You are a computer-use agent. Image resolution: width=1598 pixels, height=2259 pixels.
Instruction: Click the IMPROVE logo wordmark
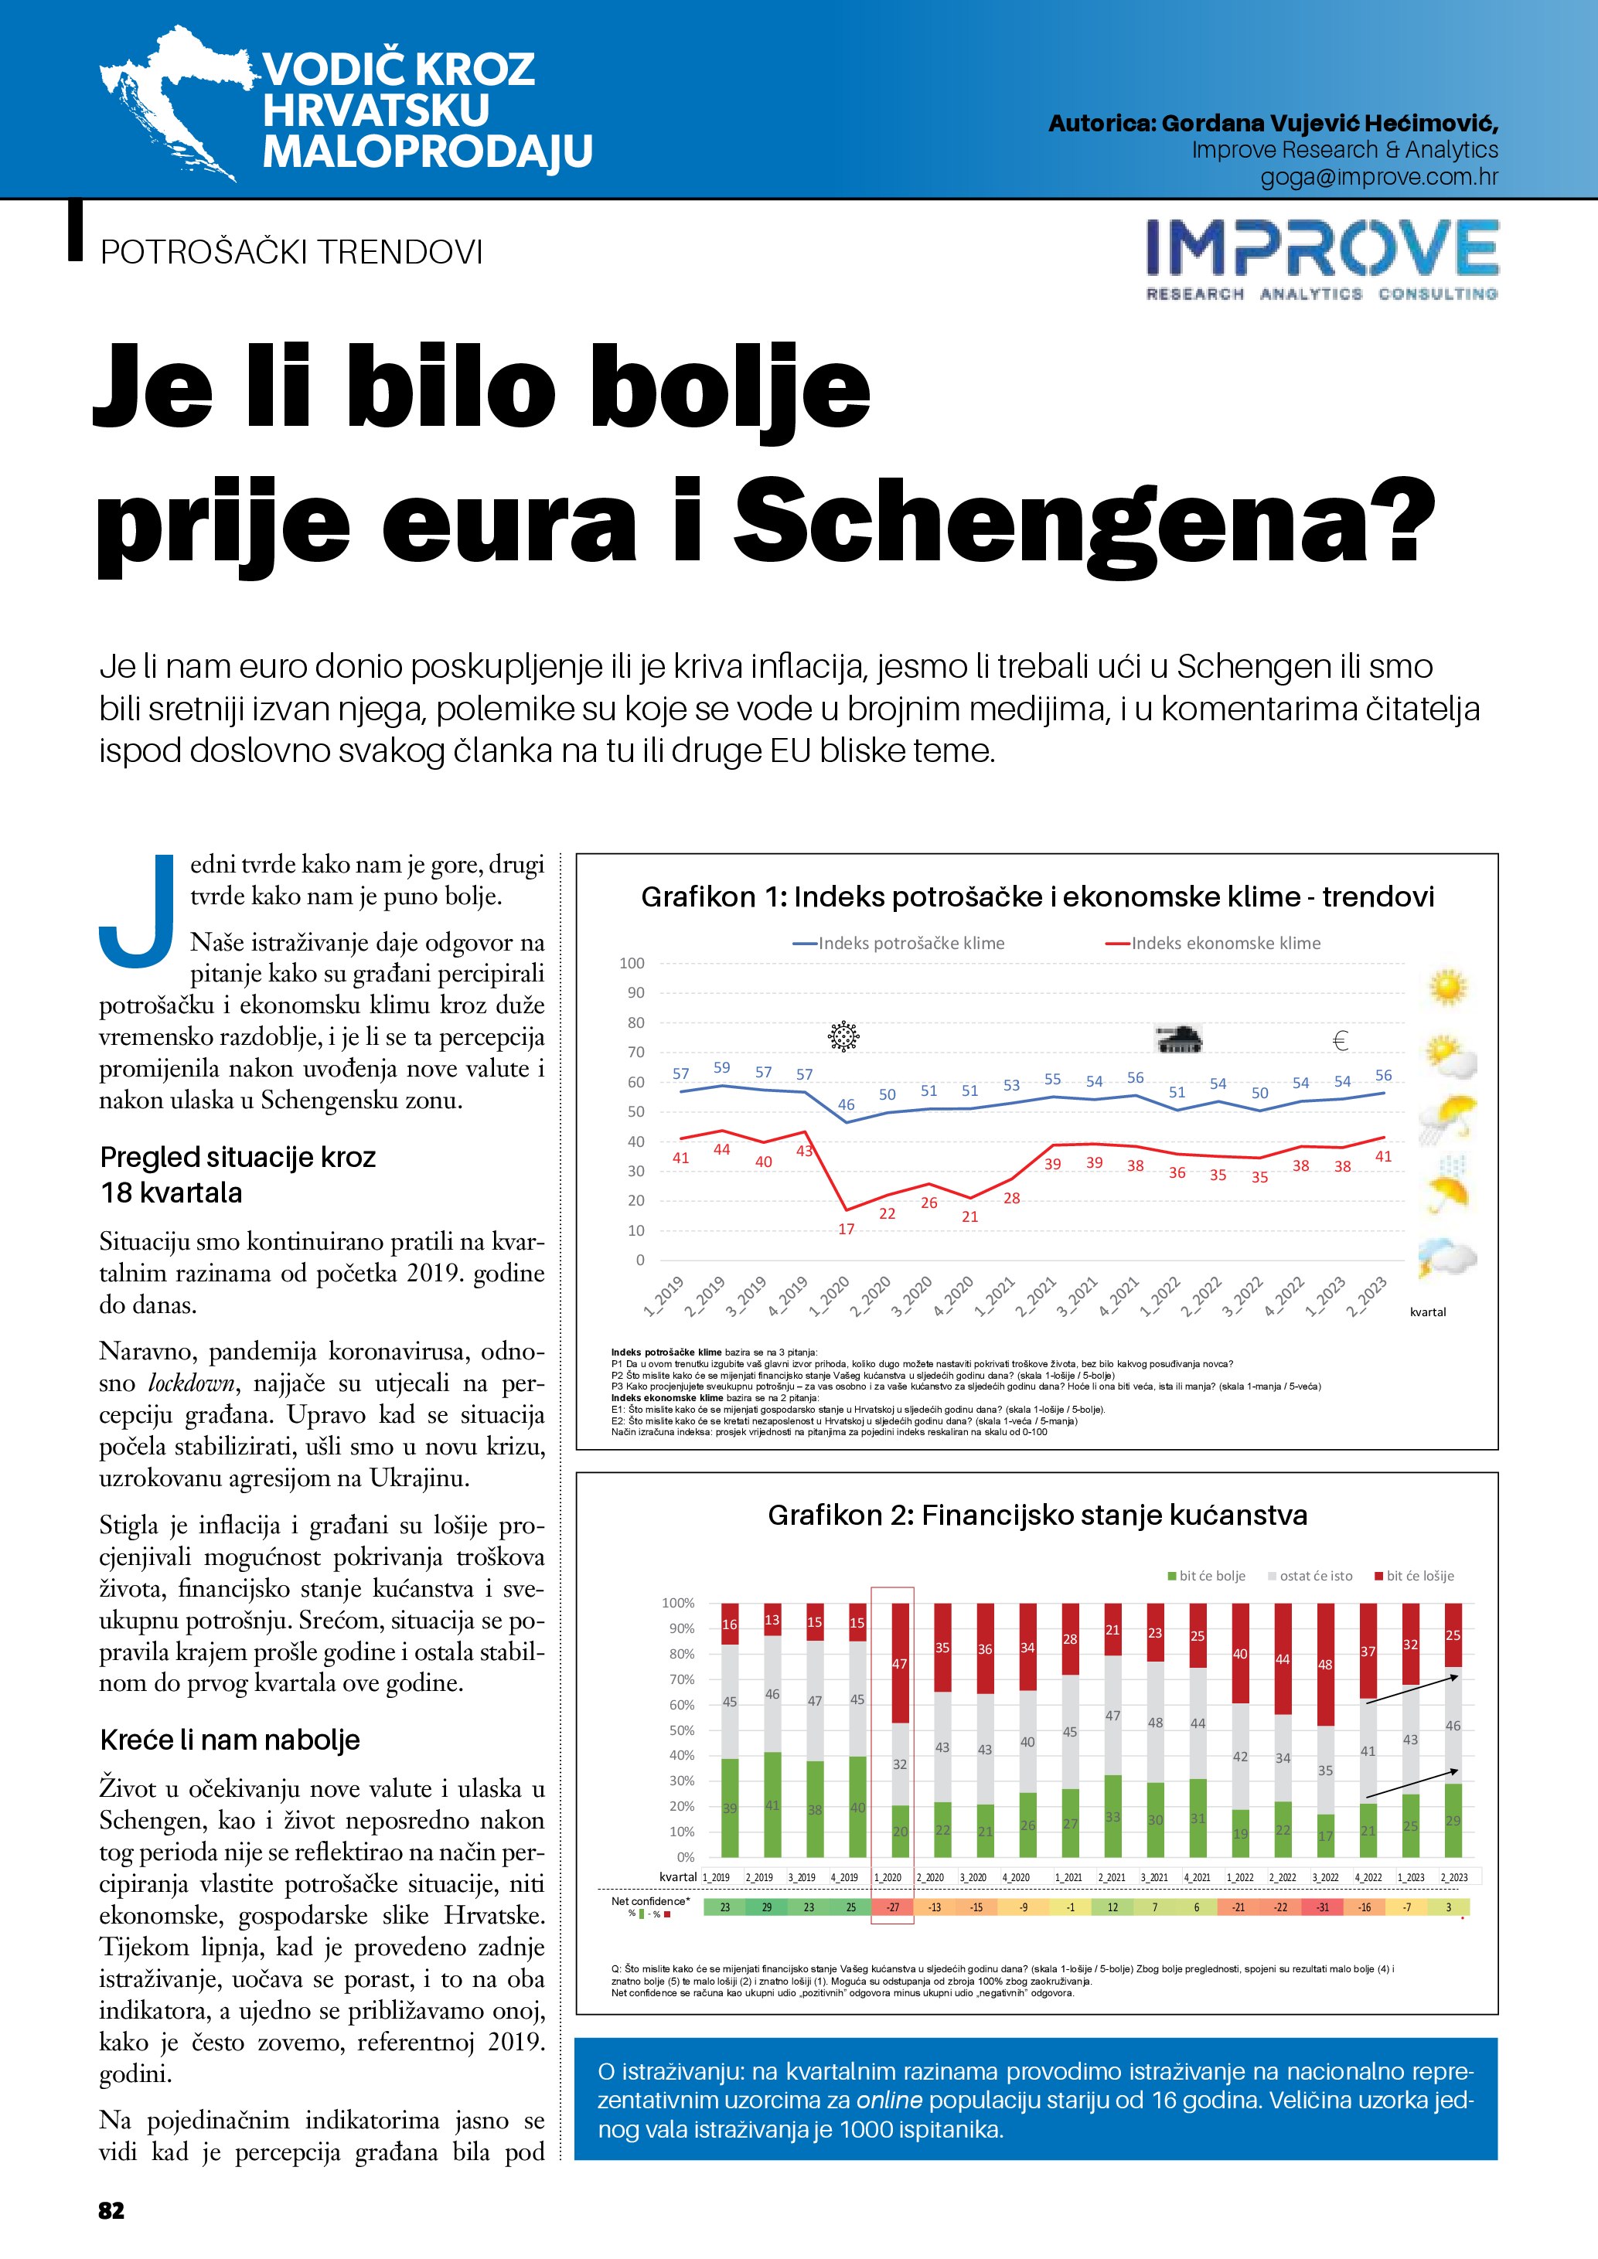point(1321,248)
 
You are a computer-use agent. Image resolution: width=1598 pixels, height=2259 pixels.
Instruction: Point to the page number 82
point(111,2210)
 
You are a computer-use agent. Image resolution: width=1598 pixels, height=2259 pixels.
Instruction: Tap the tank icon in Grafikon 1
point(1178,1039)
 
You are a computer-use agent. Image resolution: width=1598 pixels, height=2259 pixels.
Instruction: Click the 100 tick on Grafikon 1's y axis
point(632,963)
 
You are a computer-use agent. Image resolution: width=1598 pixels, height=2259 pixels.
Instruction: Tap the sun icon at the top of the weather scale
point(1447,987)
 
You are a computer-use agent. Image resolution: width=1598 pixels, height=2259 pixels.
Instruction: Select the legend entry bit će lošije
point(1419,1575)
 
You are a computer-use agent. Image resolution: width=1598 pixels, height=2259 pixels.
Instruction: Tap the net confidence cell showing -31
point(1324,1907)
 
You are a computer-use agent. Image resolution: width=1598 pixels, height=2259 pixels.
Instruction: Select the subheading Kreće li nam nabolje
point(230,1740)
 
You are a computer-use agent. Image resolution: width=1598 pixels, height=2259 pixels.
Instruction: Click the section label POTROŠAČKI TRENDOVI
point(291,252)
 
